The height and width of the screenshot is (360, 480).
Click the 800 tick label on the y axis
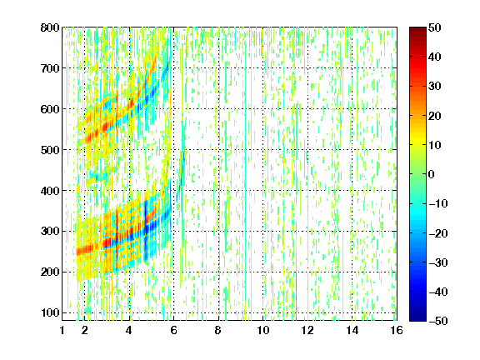pyautogui.click(x=50, y=27)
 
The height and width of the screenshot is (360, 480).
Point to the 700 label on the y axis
pyautogui.click(x=50, y=68)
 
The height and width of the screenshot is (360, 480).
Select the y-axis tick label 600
pyautogui.click(x=50, y=109)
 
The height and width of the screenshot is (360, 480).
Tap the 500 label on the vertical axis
pyautogui.click(x=50, y=150)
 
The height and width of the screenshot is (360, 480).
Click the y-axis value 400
pyautogui.click(x=50, y=191)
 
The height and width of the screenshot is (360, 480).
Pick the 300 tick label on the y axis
pyautogui.click(x=50, y=232)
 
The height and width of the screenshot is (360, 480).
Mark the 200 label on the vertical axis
pyautogui.click(x=50, y=272)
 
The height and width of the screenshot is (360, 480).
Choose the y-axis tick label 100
pyautogui.click(x=50, y=312)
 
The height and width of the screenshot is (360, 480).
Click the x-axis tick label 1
pyautogui.click(x=62, y=330)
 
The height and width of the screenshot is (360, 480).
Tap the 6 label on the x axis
pyautogui.click(x=174, y=330)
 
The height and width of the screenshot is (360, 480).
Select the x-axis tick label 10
pyautogui.click(x=263, y=330)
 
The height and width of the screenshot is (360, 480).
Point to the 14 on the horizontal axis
pyautogui.click(x=352, y=330)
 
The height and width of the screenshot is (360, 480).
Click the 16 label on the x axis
pyautogui.click(x=397, y=330)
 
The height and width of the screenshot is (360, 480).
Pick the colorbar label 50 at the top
pyautogui.click(x=434, y=27)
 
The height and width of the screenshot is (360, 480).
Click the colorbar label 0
pyautogui.click(x=432, y=174)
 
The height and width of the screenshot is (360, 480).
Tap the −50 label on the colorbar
pyautogui.click(x=437, y=321)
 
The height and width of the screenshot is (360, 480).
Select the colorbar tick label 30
pyautogui.click(x=434, y=87)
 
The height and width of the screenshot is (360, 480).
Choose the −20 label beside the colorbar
pyautogui.click(x=437, y=233)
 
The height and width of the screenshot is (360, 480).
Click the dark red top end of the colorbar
pyautogui.click(x=417, y=30)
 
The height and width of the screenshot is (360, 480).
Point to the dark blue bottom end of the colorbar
pyautogui.click(x=417, y=318)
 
